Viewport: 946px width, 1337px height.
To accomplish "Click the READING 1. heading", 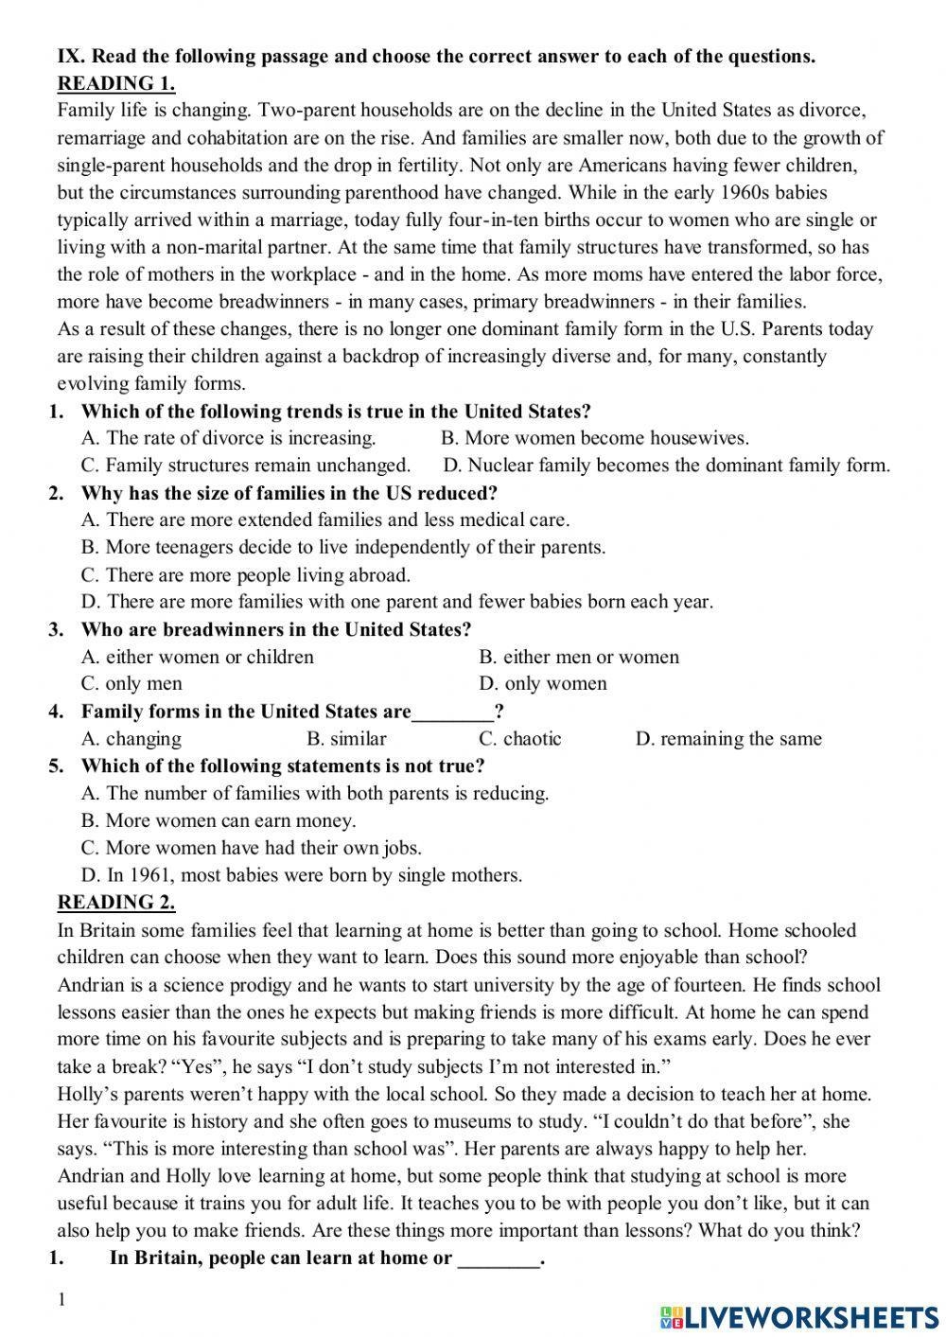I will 115,83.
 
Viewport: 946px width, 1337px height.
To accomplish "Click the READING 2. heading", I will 115,902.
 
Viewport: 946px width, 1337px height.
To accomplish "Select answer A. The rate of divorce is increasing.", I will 229,438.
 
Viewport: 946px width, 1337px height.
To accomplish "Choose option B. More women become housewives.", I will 594,438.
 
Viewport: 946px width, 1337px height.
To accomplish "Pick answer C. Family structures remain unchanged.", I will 246,466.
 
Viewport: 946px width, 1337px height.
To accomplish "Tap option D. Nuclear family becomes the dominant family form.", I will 666,466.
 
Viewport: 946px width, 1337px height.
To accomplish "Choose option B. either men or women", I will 579,657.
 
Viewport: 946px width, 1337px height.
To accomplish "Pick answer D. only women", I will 543,683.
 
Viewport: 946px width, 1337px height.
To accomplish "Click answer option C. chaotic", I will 520,739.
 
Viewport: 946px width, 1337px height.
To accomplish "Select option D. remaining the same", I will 728,739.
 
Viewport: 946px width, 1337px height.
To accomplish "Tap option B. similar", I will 347,739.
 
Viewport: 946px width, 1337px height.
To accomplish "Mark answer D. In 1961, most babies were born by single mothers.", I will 302,875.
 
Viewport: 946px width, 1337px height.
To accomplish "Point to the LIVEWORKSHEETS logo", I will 798,1316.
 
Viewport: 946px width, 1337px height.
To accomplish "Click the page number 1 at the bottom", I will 62,1300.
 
